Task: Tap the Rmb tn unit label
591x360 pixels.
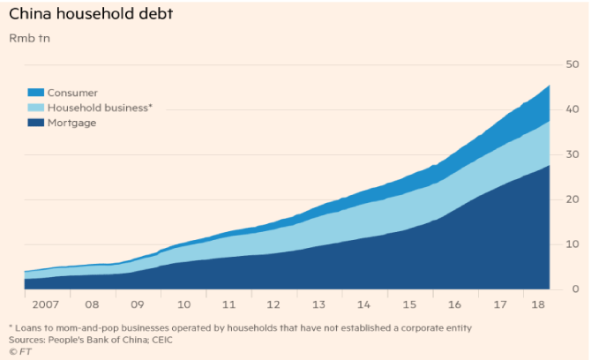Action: click(x=29, y=39)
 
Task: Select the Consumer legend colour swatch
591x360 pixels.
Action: click(x=35, y=92)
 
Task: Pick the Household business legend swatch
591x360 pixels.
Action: click(x=35, y=107)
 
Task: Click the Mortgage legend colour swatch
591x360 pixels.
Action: click(x=35, y=123)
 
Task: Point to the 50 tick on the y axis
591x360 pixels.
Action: click(x=571, y=64)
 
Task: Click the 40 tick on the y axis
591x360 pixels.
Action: click(x=571, y=109)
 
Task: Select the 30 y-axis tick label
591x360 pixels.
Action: click(x=571, y=154)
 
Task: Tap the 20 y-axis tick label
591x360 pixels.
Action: click(x=571, y=199)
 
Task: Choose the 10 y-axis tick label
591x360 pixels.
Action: click(x=571, y=244)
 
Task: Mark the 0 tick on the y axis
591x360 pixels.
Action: click(x=573, y=289)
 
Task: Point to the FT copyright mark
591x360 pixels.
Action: click(x=19, y=350)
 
